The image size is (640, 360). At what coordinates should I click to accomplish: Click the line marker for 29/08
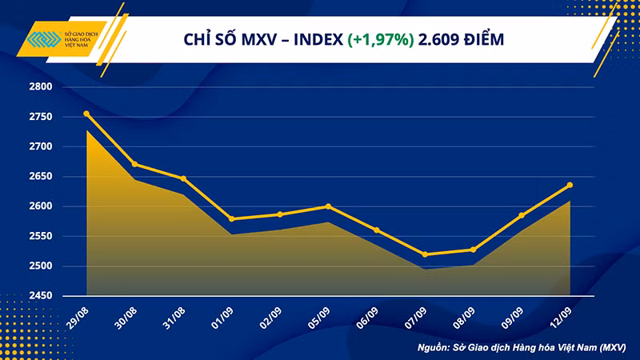coord(86,114)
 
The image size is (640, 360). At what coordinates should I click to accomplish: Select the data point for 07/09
coord(425,254)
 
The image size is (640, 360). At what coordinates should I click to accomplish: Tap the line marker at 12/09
coord(570,186)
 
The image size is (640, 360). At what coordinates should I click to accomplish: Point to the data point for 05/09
coord(328,206)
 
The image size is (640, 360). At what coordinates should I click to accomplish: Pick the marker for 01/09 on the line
coord(232,219)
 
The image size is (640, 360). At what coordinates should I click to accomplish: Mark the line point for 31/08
coord(183,178)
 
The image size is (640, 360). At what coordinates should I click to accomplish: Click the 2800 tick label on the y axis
coord(41,86)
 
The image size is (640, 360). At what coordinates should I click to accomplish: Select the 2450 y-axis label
coord(41,295)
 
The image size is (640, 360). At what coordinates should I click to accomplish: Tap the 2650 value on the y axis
coord(41,176)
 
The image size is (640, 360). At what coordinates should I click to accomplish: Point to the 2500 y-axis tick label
coord(41,266)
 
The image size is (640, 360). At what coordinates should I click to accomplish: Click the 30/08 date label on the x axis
coord(126,318)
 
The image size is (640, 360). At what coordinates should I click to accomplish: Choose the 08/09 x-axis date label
coord(464,318)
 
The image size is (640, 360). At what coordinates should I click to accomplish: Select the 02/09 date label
coord(270,318)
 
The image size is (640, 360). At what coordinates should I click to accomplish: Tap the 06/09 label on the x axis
coord(367,318)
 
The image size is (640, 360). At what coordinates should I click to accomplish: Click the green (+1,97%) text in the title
coord(381,39)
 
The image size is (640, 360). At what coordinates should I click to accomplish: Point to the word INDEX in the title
coord(318,39)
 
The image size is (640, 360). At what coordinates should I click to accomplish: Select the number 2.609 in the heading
coord(436,39)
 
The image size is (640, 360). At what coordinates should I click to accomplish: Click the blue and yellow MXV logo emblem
coord(44,39)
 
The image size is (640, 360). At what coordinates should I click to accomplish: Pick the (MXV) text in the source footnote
coord(613,348)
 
